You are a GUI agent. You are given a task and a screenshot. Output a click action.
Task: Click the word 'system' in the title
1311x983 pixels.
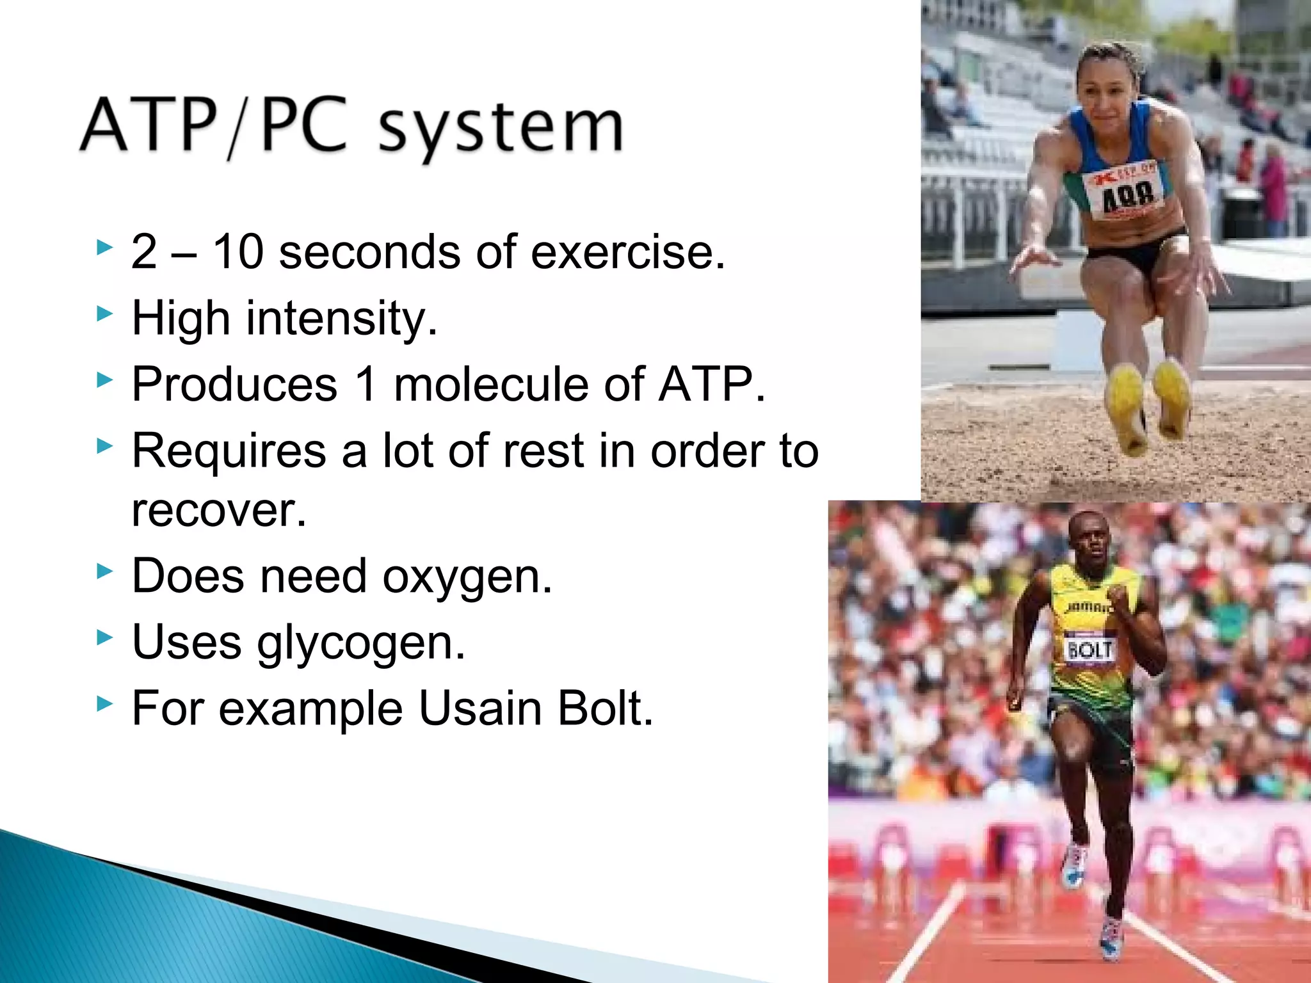pos(501,128)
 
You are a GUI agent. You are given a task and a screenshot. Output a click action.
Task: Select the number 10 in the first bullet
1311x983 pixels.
pos(237,252)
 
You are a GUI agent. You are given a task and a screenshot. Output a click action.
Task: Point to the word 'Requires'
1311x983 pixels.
pos(229,451)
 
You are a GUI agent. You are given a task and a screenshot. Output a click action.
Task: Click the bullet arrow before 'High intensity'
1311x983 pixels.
pos(104,314)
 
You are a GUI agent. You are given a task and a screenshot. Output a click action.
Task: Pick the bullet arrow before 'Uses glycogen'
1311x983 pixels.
pos(104,637)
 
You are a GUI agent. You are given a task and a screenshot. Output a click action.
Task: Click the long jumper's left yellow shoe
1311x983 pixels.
pos(1127,410)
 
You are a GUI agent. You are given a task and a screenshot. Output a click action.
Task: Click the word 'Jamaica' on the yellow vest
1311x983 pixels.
pos(1087,606)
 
